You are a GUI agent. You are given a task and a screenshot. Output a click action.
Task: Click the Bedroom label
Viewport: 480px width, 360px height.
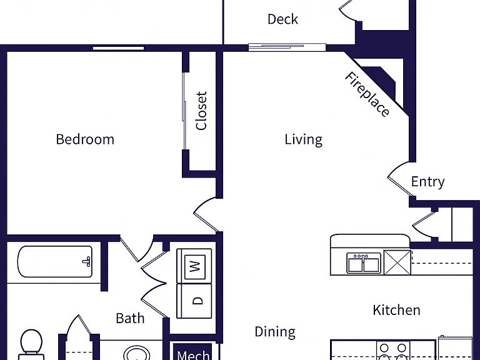point(85,139)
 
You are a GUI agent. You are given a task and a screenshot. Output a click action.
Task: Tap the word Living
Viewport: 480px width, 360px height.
point(303,139)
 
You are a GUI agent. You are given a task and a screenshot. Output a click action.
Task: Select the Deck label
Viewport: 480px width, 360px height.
point(282,19)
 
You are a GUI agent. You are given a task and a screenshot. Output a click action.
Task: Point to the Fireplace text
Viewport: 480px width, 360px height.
point(367,94)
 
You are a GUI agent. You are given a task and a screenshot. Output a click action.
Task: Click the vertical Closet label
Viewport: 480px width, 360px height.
point(201,111)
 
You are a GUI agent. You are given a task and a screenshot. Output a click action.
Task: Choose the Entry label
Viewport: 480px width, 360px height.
point(427,182)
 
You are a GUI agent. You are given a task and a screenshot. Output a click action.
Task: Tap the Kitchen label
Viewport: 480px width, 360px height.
point(396,310)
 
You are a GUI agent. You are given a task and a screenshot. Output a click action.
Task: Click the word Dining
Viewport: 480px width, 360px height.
point(275,332)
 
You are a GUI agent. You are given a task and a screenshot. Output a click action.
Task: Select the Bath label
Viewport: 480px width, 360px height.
point(130,318)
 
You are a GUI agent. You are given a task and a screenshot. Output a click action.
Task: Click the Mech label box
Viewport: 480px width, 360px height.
point(193,352)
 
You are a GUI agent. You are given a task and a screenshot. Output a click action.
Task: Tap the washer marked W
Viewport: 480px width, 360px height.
point(194,266)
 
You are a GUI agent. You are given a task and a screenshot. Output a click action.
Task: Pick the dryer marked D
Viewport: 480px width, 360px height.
point(194,301)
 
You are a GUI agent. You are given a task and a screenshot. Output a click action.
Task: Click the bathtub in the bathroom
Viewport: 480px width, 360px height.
point(55,262)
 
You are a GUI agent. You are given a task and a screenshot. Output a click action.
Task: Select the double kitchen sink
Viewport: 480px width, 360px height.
point(364,263)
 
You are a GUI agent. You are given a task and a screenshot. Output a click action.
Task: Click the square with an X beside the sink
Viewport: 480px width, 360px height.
point(397,262)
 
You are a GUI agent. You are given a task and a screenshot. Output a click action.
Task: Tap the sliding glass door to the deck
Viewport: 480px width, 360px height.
point(287,47)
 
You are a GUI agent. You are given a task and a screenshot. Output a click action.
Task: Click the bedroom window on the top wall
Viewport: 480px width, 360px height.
point(119,48)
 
